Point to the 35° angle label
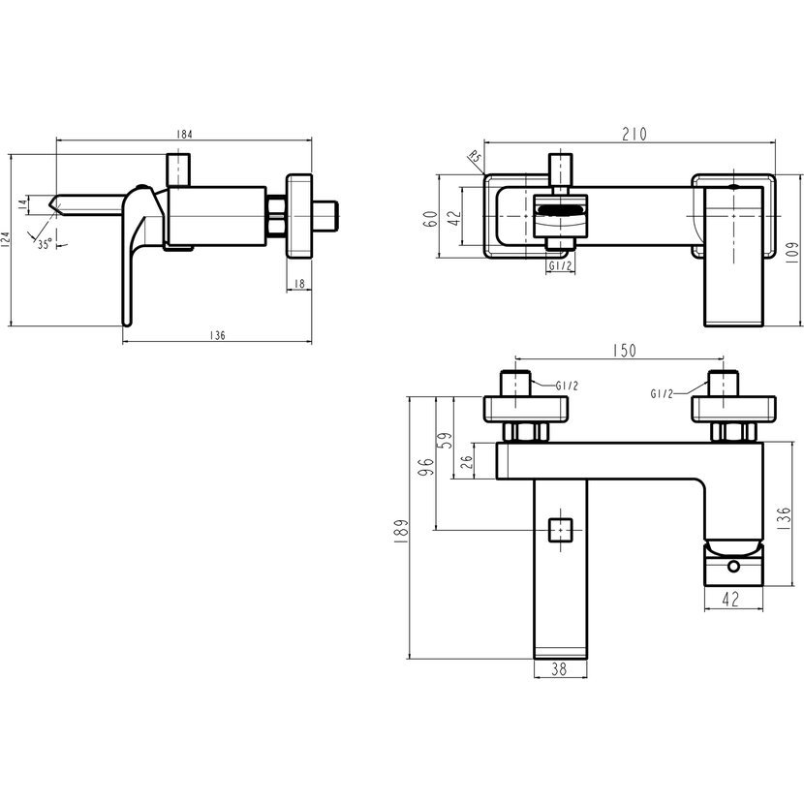45,244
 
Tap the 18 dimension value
298,283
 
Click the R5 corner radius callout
474,158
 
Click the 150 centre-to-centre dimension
625,351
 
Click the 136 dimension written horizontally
217,335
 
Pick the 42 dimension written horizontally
731,599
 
